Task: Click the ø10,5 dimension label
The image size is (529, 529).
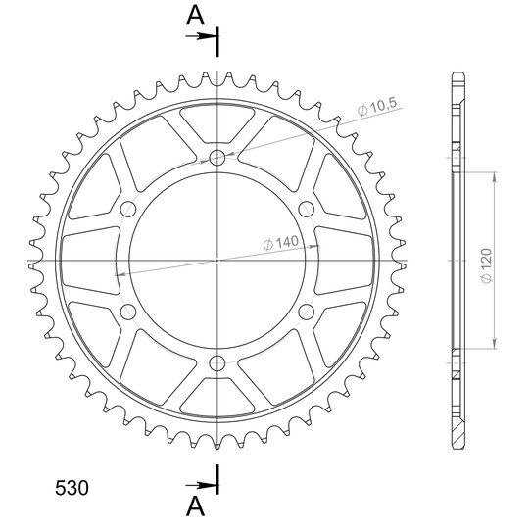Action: pos(377,108)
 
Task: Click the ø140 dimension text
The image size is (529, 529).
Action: pos(281,243)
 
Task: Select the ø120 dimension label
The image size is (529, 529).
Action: pos(487,265)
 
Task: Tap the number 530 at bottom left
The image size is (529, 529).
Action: pos(72,488)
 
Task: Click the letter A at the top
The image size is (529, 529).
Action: pos(195,16)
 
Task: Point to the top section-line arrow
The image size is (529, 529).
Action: pos(200,36)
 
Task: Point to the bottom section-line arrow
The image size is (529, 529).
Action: pos(200,486)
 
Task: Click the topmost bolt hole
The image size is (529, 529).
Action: pos(217,157)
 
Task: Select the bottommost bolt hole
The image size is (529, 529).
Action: pos(217,363)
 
